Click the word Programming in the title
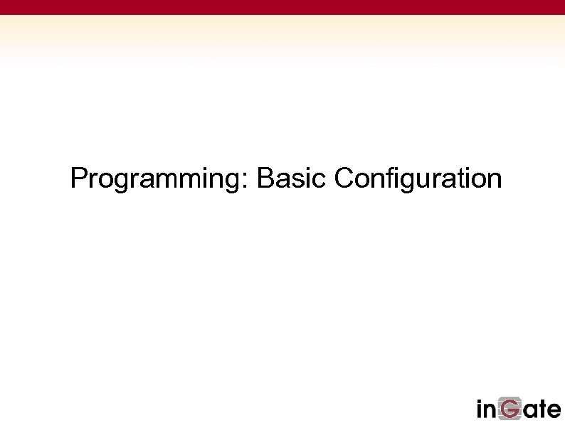[x=156, y=178]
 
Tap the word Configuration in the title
[x=418, y=178]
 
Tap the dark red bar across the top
[x=282, y=7]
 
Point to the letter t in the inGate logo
[x=541, y=409]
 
